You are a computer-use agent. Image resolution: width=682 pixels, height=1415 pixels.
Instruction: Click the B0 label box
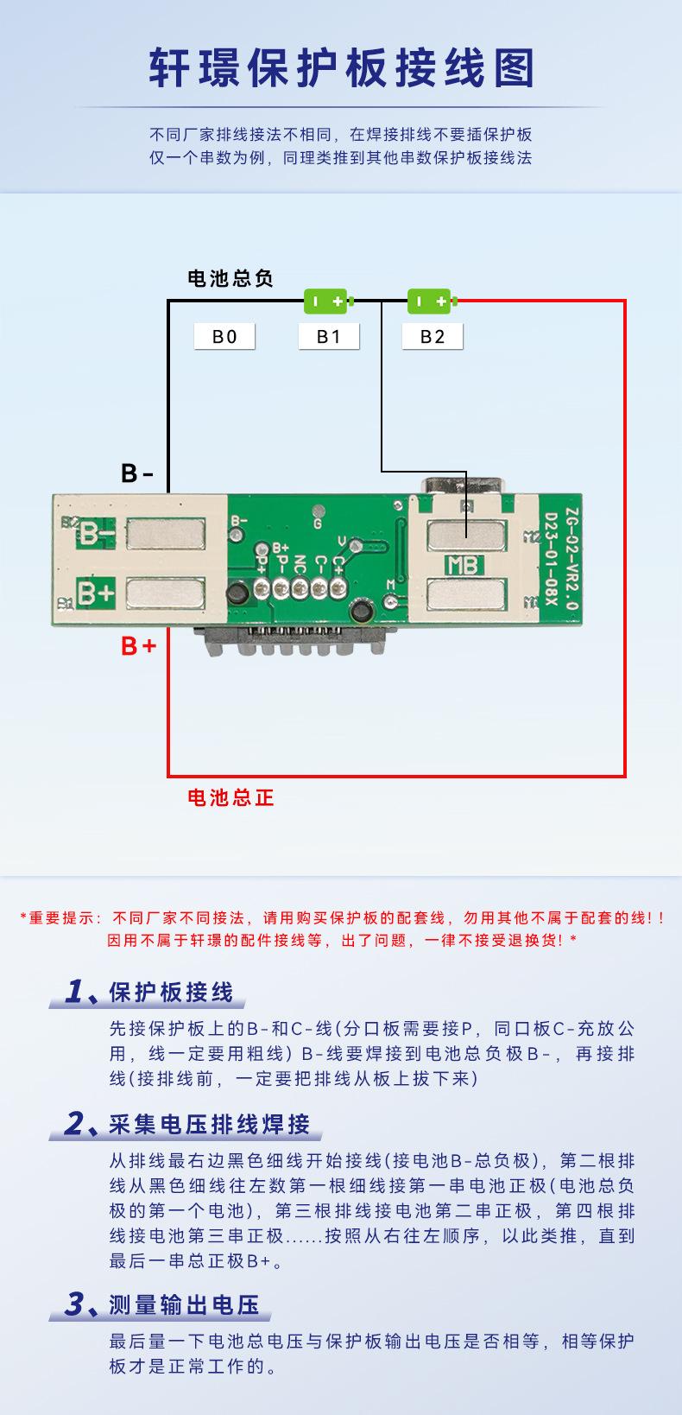[x=224, y=337]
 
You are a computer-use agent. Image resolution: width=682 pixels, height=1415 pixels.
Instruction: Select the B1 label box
[x=328, y=337]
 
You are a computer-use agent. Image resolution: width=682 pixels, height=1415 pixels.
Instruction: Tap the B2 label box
[x=433, y=337]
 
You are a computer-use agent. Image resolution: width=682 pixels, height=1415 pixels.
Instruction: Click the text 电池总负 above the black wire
[x=230, y=278]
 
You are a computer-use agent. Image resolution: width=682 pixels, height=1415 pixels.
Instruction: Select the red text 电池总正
[x=230, y=797]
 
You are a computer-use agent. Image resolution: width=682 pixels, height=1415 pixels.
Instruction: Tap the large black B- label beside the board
[x=137, y=473]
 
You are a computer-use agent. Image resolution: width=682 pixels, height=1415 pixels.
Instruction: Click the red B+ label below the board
[x=138, y=645]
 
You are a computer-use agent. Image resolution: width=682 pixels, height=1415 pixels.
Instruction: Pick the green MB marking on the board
[x=464, y=566]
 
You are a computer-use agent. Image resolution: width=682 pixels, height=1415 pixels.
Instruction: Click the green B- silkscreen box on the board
[x=97, y=534]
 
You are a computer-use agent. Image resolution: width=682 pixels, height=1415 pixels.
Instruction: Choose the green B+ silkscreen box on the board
[x=97, y=593]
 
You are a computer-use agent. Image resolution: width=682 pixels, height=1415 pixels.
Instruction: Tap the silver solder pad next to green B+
[x=165, y=593]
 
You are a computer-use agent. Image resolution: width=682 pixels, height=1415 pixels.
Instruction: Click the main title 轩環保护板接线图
[x=341, y=69]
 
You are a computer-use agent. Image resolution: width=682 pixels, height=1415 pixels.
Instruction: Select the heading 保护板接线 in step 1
[x=171, y=993]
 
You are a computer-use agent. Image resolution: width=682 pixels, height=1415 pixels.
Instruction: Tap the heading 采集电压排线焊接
[x=209, y=1124]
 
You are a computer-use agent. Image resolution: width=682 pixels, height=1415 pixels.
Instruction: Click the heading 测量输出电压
[x=184, y=1304]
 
